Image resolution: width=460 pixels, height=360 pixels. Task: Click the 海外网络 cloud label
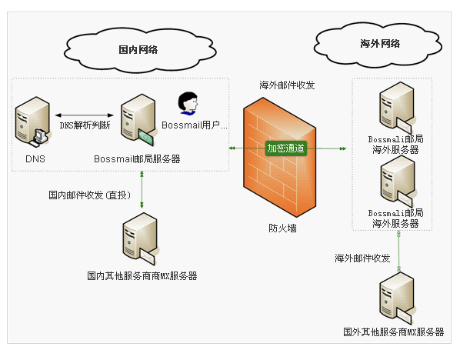380,44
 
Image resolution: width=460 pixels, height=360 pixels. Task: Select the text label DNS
35,159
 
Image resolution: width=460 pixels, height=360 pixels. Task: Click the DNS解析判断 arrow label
85,124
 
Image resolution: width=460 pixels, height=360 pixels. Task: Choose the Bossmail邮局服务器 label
137,159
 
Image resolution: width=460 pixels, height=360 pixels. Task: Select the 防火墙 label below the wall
282,228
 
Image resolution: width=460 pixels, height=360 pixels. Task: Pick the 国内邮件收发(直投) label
96,195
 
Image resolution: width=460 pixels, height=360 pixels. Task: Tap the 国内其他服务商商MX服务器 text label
142,275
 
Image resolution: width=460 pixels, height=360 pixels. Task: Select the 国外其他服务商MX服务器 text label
394,332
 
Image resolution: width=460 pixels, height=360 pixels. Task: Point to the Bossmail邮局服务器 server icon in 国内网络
136,121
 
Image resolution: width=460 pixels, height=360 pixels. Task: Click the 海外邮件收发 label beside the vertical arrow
362,258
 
